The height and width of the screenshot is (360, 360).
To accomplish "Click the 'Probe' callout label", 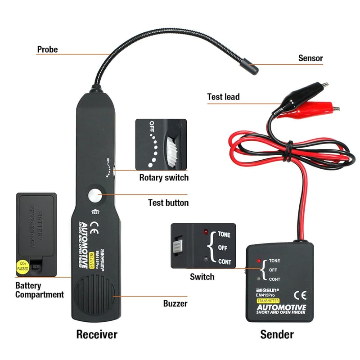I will tap(47, 49).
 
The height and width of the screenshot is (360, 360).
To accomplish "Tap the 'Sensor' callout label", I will tap(310, 58).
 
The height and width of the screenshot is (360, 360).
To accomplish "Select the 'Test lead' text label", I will tap(223, 97).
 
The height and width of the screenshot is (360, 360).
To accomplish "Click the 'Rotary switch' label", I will tap(164, 177).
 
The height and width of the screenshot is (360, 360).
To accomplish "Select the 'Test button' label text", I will tap(168, 202).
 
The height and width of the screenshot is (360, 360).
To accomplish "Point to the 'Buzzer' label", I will tap(175, 304).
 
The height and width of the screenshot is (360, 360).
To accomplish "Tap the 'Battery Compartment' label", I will tap(40, 290).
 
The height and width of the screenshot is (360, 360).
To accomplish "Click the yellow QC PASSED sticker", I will tap(23, 267).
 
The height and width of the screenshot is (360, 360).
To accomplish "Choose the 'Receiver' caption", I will tap(96, 334).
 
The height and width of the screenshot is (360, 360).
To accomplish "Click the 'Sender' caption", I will tap(277, 334).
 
